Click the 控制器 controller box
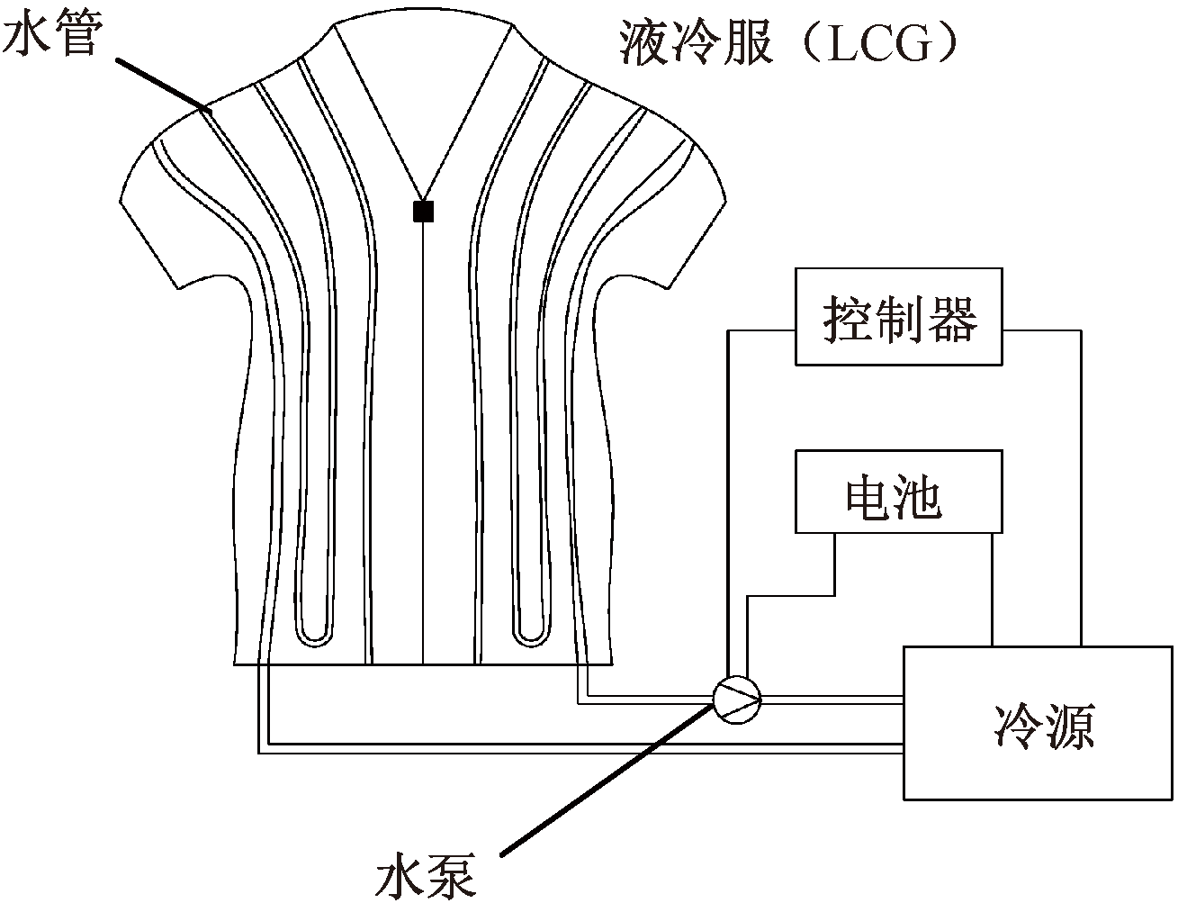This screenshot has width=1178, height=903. tap(898, 316)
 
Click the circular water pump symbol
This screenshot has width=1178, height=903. tap(736, 697)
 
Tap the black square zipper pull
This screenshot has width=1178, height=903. tap(423, 212)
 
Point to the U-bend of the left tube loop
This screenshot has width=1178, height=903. tap(315, 635)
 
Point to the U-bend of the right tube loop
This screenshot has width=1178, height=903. tap(531, 635)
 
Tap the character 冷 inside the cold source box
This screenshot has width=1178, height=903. tap(1016, 726)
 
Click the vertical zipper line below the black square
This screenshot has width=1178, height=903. tap(423, 450)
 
